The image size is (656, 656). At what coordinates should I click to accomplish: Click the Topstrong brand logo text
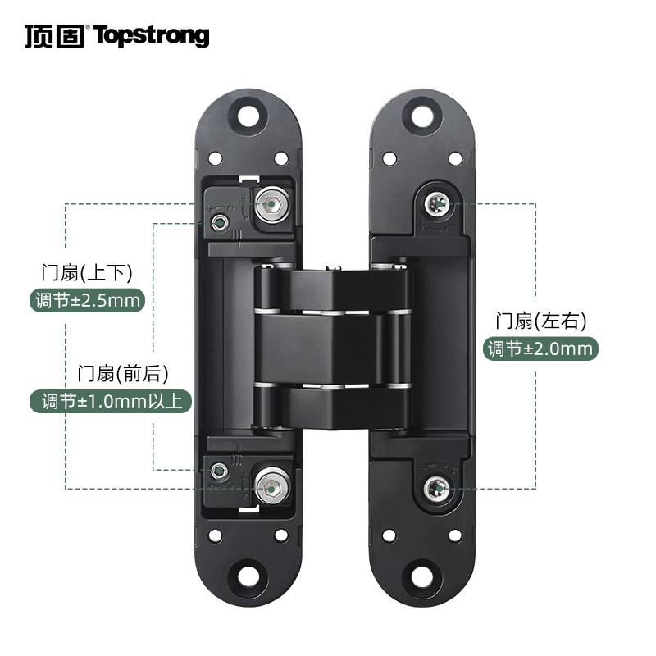151,36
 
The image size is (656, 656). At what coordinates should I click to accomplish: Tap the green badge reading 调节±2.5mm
87,300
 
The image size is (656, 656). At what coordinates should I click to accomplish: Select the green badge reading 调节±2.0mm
540,348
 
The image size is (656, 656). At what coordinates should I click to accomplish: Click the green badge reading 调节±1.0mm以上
111,401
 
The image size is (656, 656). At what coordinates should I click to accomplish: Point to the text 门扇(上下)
87,272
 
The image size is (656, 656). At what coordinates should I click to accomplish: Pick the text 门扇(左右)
541,321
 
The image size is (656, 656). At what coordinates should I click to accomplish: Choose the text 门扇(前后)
123,373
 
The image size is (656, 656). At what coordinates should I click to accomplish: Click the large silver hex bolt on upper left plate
272,204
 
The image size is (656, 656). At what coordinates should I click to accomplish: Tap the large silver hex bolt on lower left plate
272,487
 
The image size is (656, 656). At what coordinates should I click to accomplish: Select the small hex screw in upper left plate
220,222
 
